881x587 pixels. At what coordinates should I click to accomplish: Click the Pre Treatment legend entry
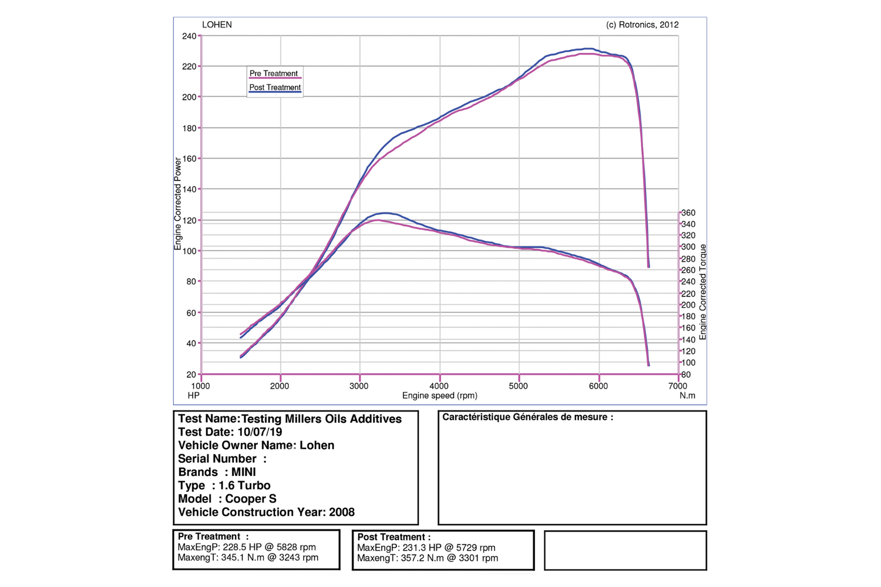pyautogui.click(x=274, y=73)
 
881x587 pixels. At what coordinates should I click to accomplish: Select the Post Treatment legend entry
pyautogui.click(x=275, y=87)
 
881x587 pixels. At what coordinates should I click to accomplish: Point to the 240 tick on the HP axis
pyautogui.click(x=189, y=36)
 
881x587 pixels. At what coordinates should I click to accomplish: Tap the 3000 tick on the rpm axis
pyautogui.click(x=359, y=386)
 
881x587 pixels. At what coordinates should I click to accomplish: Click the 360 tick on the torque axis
pyautogui.click(x=688, y=213)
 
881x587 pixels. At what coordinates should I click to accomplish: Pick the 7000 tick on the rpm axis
pyautogui.click(x=677, y=386)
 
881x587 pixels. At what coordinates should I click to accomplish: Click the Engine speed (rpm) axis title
pyautogui.click(x=439, y=396)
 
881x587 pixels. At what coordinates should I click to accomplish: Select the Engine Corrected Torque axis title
pyautogui.click(x=703, y=292)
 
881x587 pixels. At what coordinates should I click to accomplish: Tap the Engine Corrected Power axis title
pyautogui.click(x=178, y=204)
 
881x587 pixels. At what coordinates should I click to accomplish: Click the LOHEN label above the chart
pyautogui.click(x=217, y=25)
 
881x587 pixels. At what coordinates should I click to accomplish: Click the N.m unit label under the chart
pyautogui.click(x=687, y=396)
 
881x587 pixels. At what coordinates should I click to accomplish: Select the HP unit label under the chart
pyautogui.click(x=194, y=396)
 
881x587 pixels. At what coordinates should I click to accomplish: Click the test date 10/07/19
pyautogui.click(x=260, y=432)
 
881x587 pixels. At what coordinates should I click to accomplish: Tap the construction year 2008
pyautogui.click(x=341, y=512)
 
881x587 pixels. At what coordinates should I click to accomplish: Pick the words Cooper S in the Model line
pyautogui.click(x=251, y=499)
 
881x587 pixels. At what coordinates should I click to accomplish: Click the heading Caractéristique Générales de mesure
pyautogui.click(x=527, y=417)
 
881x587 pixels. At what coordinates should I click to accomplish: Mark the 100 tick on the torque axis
pyautogui.click(x=688, y=363)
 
